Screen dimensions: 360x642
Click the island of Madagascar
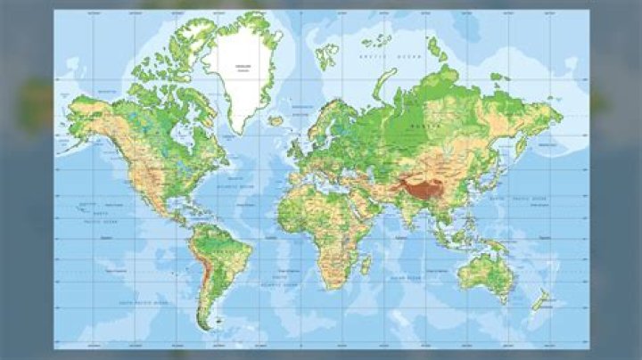pyautogui.click(x=366, y=265)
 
